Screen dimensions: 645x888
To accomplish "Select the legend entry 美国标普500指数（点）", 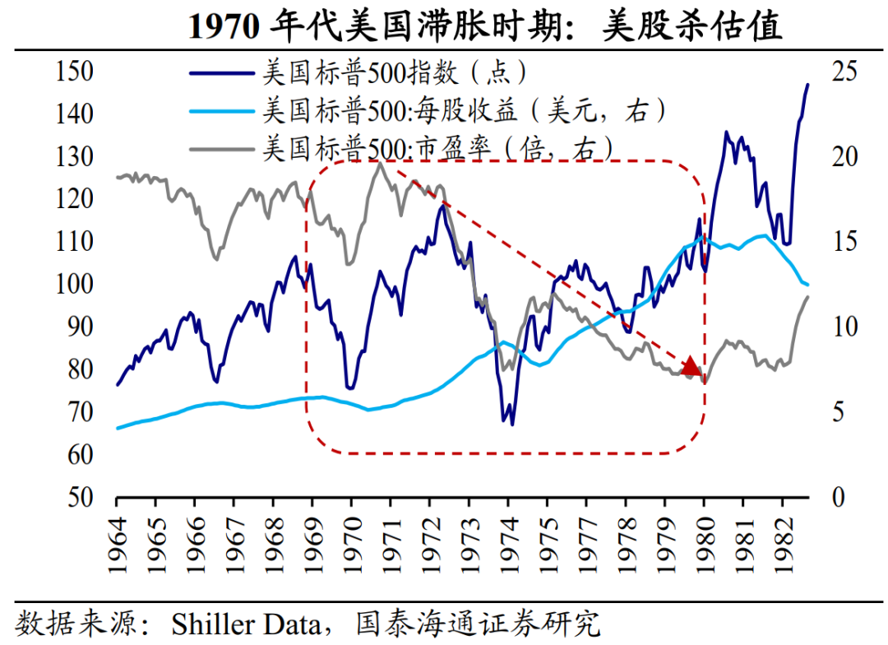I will (x=395, y=72).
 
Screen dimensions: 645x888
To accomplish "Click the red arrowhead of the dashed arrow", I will (x=691, y=367).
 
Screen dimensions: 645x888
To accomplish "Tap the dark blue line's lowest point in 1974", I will (x=512, y=425).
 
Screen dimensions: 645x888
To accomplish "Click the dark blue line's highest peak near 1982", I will (x=807, y=84).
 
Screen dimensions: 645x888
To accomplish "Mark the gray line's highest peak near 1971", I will (x=380, y=164).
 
